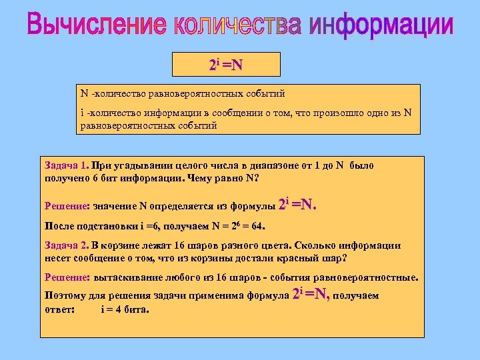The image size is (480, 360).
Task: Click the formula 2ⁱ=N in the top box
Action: pos(226,65)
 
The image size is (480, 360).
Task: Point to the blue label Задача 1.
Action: pos(66,165)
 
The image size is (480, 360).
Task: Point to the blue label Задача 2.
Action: pos(66,245)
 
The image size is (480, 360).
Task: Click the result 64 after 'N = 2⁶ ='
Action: pos(257,226)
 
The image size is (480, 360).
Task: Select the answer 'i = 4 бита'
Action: pos(125,309)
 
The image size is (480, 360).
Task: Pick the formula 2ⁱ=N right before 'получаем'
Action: pos(311,294)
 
